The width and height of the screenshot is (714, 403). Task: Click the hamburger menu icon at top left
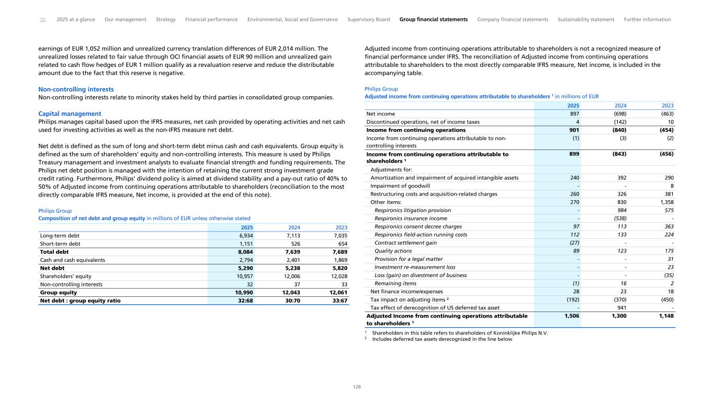click(43, 20)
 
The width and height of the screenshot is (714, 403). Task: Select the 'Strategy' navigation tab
click(166, 19)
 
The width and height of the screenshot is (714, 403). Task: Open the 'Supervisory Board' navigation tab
click(368, 19)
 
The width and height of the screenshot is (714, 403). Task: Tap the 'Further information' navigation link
click(647, 19)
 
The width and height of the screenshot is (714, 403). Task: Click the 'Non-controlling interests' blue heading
click(76, 89)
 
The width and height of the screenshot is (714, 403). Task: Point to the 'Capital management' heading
click(70, 113)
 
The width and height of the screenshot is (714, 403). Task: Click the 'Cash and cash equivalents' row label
click(73, 260)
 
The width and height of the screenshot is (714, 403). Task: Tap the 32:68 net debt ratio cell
click(244, 301)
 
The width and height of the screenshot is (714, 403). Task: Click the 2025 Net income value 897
click(574, 113)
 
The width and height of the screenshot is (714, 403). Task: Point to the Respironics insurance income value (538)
click(619, 218)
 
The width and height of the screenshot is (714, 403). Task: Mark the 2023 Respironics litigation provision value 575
click(669, 210)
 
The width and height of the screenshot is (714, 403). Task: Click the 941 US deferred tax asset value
click(622, 307)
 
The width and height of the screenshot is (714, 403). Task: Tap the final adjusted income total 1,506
click(571, 316)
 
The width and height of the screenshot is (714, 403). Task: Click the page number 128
click(357, 387)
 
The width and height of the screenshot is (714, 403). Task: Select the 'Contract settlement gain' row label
click(405, 243)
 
